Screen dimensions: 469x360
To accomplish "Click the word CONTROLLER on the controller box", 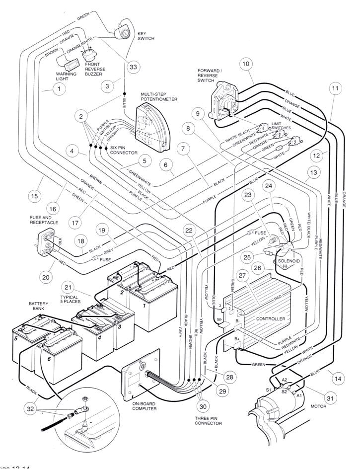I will pos(270,318).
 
